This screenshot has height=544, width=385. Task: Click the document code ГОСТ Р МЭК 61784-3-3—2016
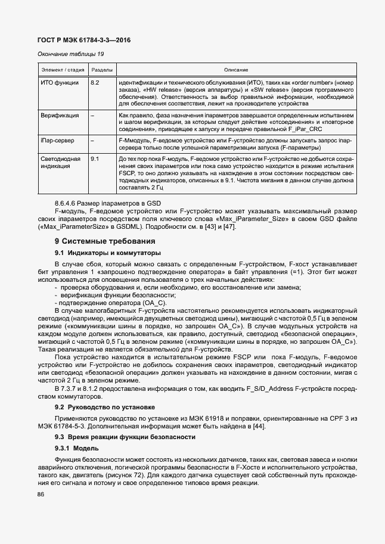point(84,40)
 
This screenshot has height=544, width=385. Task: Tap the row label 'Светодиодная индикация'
point(58,164)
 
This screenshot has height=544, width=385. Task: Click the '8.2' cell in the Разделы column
point(95,81)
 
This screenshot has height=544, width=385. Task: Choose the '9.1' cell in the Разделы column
point(95,160)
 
